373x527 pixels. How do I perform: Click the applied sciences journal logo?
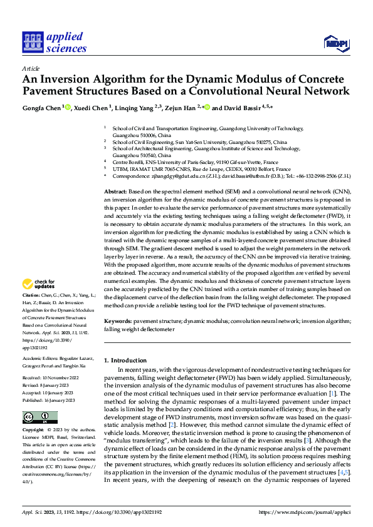click(55, 42)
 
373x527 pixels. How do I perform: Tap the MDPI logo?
click(335, 43)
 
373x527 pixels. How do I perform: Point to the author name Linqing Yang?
click(134, 108)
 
